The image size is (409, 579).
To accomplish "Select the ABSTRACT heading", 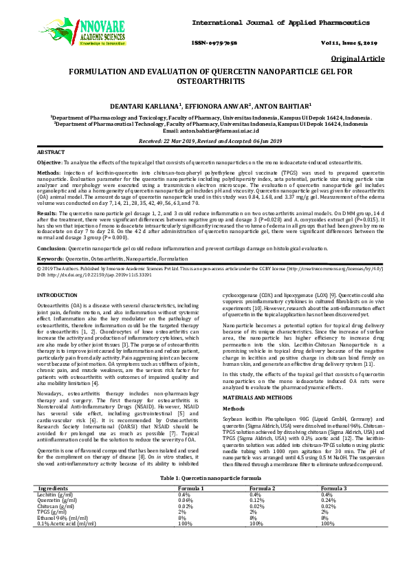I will (x=51, y=151).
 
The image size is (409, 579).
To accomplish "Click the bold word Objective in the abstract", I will (x=48, y=161).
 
